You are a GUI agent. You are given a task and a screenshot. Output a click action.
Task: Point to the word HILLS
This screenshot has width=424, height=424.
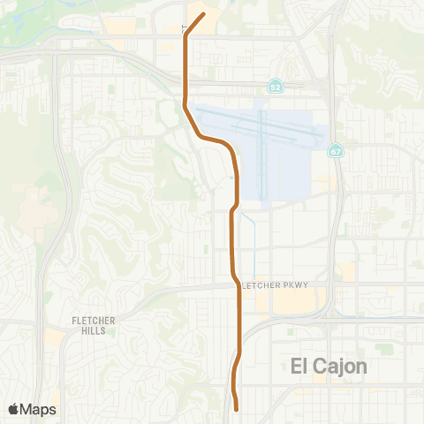[x=91, y=330]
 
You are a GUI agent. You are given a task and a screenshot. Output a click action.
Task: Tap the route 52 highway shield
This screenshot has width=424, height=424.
[x=276, y=88]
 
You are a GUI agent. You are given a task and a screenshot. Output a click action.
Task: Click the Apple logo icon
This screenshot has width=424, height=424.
[x=15, y=409]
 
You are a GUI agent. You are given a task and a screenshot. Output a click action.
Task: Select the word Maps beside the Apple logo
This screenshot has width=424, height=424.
[x=39, y=409]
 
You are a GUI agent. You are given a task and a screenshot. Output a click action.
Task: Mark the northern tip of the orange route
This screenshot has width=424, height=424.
[x=204, y=14]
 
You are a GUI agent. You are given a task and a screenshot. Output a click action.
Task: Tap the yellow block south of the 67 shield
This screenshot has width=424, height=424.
[x=327, y=183]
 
